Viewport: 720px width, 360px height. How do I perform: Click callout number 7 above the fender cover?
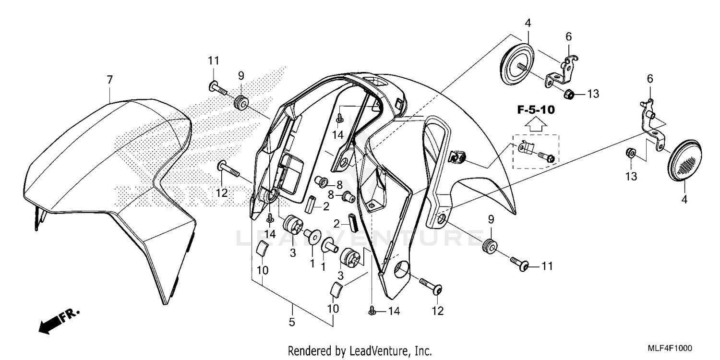[109, 81]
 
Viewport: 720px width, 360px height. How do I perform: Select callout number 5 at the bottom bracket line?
[291, 323]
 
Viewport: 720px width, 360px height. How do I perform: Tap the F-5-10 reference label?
[536, 110]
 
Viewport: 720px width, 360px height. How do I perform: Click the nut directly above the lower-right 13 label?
[632, 154]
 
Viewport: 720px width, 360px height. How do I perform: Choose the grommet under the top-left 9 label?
[241, 102]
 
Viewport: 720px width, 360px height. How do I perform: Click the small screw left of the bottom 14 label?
[372, 312]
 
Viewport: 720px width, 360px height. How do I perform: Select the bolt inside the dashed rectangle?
[545, 156]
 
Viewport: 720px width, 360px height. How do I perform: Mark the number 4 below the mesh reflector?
[684, 200]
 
